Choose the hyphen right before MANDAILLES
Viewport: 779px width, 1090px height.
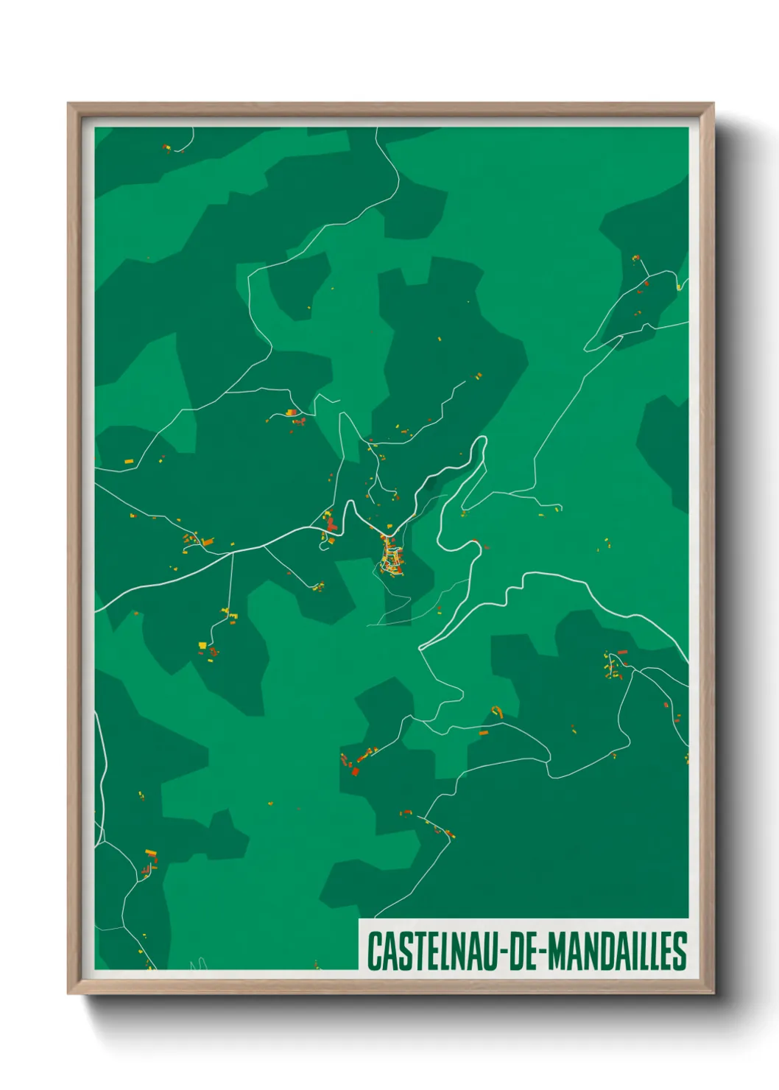542,952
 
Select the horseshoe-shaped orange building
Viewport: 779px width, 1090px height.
497,711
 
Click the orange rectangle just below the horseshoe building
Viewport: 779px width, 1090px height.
484,733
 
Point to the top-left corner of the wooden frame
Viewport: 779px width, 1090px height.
69,105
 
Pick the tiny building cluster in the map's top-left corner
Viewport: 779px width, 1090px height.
166,148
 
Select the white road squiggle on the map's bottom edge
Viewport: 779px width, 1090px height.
197,963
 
